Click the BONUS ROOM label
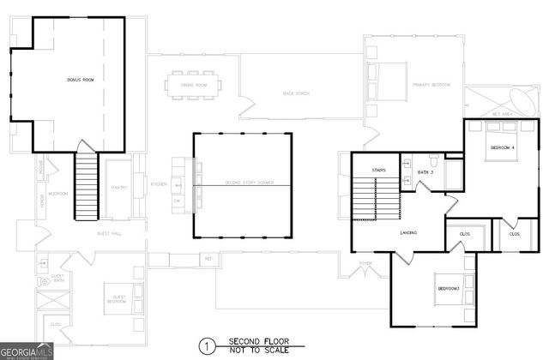click(x=78, y=80)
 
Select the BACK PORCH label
click(x=296, y=93)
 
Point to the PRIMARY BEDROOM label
click(x=431, y=85)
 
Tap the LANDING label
click(x=408, y=233)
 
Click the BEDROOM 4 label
click(x=503, y=148)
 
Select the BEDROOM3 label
click(x=449, y=289)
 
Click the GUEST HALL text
click(x=109, y=233)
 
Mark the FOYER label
click(x=365, y=265)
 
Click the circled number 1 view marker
click(x=205, y=346)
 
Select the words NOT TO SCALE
click(x=254, y=351)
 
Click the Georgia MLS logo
click(x=25, y=352)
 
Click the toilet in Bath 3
click(x=434, y=160)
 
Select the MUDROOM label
click(x=58, y=194)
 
